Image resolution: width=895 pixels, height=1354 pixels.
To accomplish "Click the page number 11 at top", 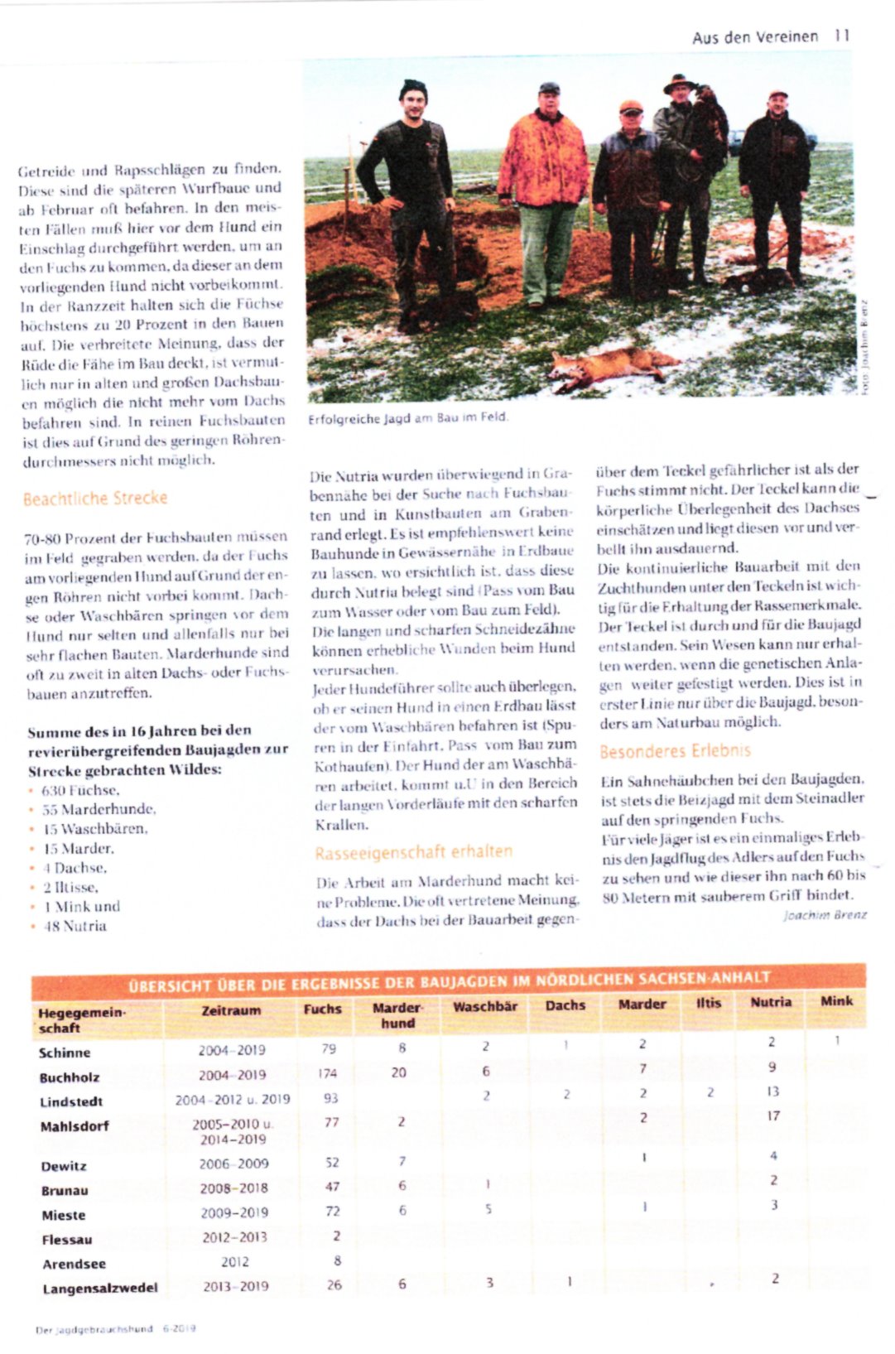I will coord(842,36).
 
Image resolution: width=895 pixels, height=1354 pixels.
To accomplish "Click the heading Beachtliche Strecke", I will coord(95,499).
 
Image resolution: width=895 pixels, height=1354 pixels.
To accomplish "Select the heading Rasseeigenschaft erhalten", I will coord(413,852).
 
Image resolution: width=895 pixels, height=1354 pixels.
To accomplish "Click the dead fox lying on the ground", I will coord(609,366).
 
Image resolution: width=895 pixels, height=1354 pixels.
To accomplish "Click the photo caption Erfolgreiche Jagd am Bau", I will coord(408,418).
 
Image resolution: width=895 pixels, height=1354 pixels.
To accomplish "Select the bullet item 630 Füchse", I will coord(80,790).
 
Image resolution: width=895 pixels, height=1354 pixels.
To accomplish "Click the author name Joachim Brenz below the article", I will coord(825,915).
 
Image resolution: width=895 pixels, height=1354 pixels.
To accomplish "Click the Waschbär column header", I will coord(485,1006).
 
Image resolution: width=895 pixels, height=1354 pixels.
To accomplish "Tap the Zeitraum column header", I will coord(231,1010).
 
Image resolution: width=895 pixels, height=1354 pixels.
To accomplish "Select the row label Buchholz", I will coord(70,1077).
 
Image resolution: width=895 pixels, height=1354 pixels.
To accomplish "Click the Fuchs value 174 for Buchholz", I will coord(328,1073).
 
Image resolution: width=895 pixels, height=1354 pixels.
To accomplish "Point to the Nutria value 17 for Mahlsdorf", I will coord(772,1115).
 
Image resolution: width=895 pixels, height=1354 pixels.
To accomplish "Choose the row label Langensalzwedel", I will coord(99,1289).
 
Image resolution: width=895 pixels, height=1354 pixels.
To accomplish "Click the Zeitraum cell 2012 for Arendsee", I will coord(234,1262).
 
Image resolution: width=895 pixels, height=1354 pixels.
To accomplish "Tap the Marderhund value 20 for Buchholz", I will coord(398,1072).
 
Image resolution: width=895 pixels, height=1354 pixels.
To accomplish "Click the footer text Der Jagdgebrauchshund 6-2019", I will coord(115,1328).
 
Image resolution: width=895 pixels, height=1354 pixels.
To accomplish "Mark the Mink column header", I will coord(835,1001).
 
